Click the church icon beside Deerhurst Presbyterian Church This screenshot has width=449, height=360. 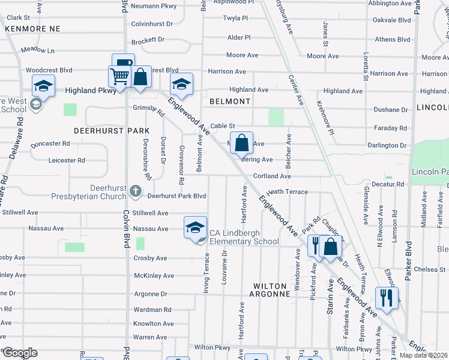(136, 193)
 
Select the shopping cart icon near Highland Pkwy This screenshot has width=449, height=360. (119, 77)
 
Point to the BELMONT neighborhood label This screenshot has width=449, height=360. (230, 101)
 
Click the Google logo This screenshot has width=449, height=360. (19, 352)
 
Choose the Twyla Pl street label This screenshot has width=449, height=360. (235, 19)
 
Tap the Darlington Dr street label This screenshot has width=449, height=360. (387, 145)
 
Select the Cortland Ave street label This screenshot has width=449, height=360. (272, 176)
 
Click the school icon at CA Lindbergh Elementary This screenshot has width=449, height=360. (195, 228)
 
